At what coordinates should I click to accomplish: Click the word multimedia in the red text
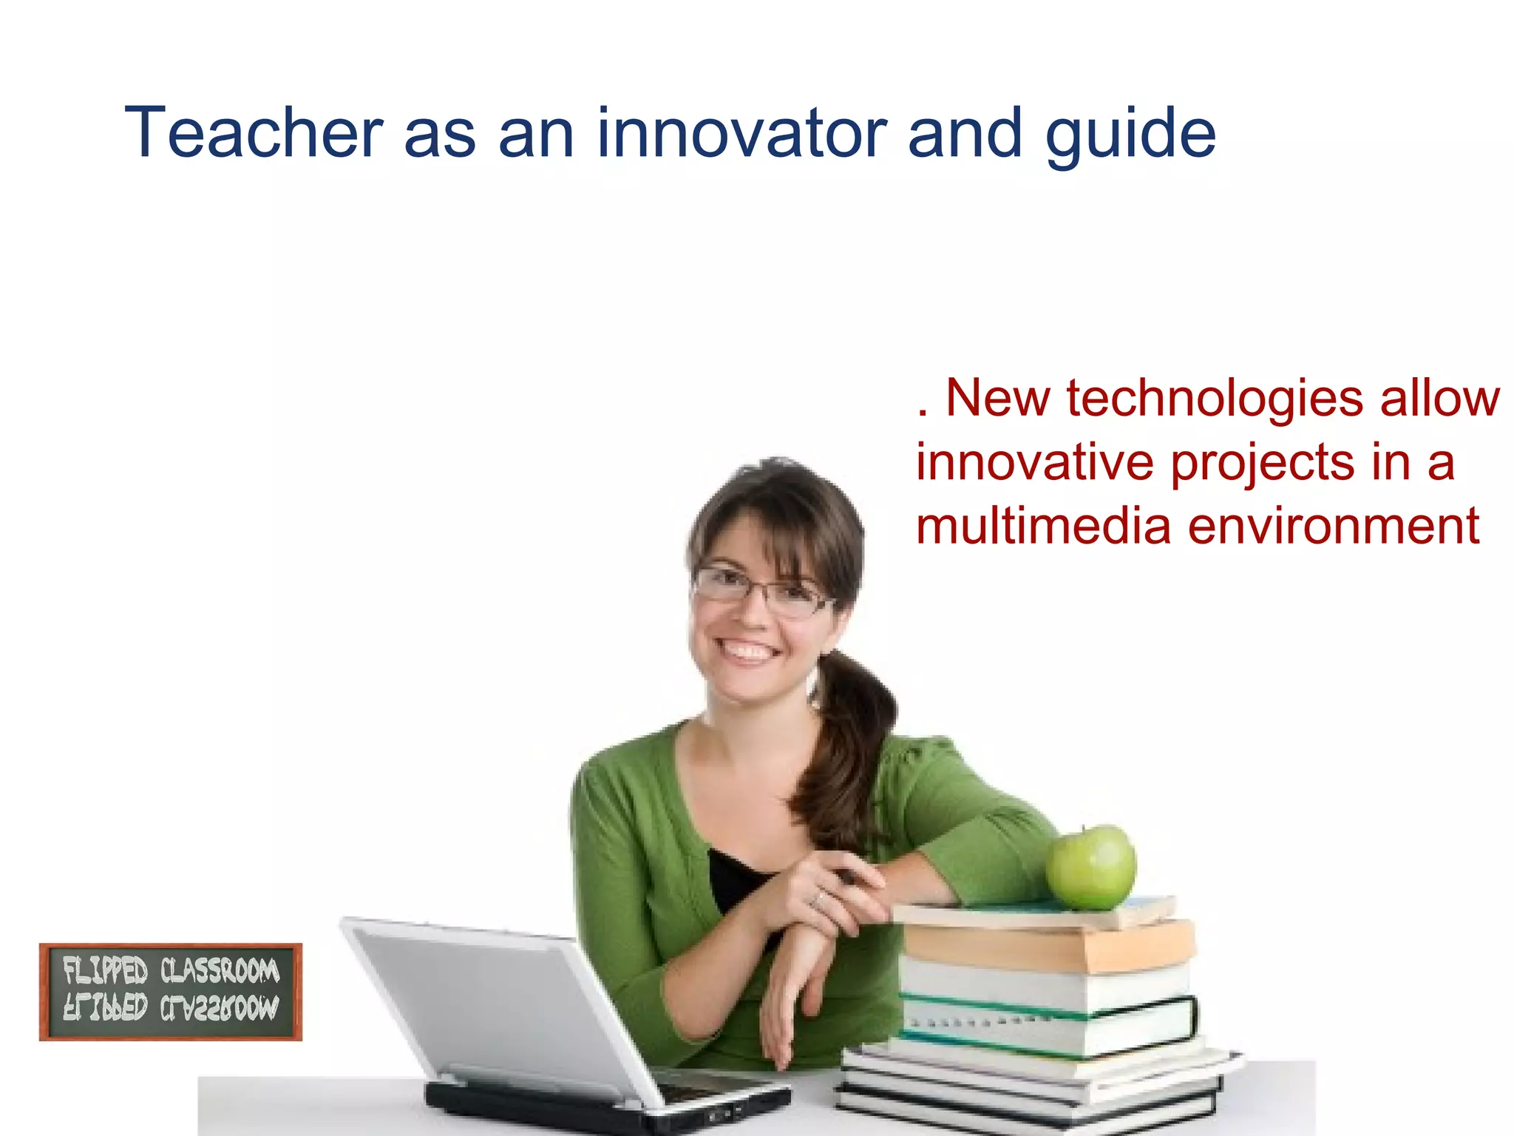click(1043, 527)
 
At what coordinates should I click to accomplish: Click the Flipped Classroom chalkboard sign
click(171, 991)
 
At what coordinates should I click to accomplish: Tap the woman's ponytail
click(850, 747)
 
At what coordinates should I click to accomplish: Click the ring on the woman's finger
click(818, 898)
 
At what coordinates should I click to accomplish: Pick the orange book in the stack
click(1050, 947)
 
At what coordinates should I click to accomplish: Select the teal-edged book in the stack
click(1050, 1024)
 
